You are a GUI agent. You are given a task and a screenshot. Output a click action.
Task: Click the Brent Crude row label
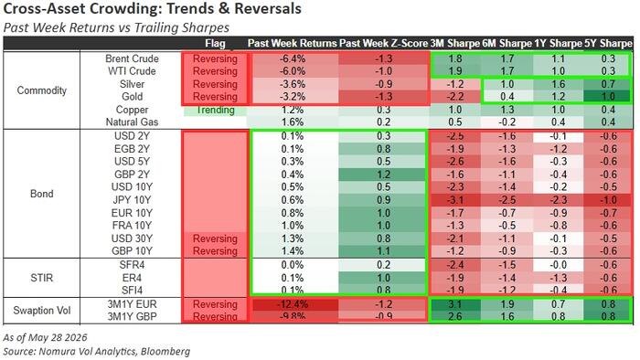point(132,58)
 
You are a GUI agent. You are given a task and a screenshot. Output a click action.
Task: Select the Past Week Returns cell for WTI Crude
point(293,71)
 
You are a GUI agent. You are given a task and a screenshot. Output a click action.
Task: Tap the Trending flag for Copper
point(215,110)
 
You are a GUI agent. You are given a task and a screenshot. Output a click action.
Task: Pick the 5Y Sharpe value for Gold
point(608,97)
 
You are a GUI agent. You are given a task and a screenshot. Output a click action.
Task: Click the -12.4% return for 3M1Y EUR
point(293,304)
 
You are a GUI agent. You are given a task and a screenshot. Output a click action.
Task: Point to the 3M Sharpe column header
point(454,43)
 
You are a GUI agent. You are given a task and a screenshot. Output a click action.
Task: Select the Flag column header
point(215,43)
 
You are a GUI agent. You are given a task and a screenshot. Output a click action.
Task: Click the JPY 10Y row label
point(132,200)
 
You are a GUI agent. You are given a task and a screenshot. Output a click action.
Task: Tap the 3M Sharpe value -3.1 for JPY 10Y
point(455,200)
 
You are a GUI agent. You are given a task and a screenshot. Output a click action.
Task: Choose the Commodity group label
point(42,90)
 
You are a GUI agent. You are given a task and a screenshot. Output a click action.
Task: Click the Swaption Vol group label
point(42,311)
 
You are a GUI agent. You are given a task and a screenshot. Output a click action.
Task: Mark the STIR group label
point(42,278)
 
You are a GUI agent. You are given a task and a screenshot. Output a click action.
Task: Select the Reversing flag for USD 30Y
point(215,238)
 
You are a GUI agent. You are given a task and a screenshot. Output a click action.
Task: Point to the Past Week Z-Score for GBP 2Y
point(383,175)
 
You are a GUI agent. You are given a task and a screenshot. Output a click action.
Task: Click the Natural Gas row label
point(132,122)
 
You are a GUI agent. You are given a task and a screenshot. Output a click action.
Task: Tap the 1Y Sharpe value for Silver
point(558,84)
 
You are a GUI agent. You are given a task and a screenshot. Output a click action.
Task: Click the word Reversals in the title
point(266,8)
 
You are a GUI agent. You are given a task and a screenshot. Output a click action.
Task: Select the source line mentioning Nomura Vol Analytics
point(96,352)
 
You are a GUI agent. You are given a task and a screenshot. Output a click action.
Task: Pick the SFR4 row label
point(132,265)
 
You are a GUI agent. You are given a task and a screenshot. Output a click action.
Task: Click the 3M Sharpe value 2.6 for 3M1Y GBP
point(455,316)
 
